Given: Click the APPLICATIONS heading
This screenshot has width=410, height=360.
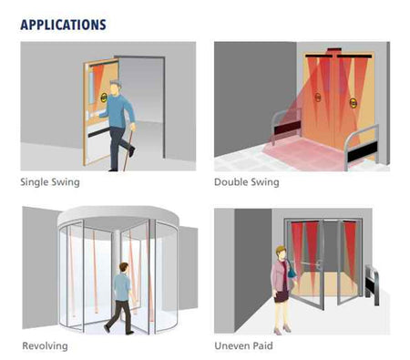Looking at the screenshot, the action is [63, 25].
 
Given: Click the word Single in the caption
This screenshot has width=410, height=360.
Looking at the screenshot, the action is [34, 182].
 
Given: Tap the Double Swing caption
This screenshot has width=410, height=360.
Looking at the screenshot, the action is [247, 182].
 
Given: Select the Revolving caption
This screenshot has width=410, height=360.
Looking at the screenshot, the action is [45, 346].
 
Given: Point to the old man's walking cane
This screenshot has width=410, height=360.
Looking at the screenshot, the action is [128, 148].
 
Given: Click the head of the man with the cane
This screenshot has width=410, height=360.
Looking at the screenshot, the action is [115, 87].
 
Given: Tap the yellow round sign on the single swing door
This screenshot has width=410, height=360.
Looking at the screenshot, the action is [103, 98].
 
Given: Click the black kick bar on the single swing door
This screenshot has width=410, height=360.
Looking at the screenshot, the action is [99, 132].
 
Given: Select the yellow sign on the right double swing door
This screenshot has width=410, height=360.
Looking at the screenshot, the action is [353, 103].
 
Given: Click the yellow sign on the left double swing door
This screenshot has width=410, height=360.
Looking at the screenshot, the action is [318, 98].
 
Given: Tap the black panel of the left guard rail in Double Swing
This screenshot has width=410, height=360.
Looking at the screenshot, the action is [287, 128].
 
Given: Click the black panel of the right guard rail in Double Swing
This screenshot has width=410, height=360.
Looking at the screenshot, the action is [363, 151].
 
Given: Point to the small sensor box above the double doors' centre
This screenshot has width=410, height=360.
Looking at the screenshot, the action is [333, 49].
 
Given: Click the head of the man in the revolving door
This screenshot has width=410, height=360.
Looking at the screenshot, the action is [124, 267].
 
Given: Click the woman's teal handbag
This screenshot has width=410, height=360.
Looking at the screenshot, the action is [292, 272].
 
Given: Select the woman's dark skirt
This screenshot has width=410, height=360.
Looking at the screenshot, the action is [282, 296].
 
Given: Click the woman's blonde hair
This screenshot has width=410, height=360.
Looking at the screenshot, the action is [280, 251].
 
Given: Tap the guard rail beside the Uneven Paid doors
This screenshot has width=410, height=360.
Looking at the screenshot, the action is [373, 284].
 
